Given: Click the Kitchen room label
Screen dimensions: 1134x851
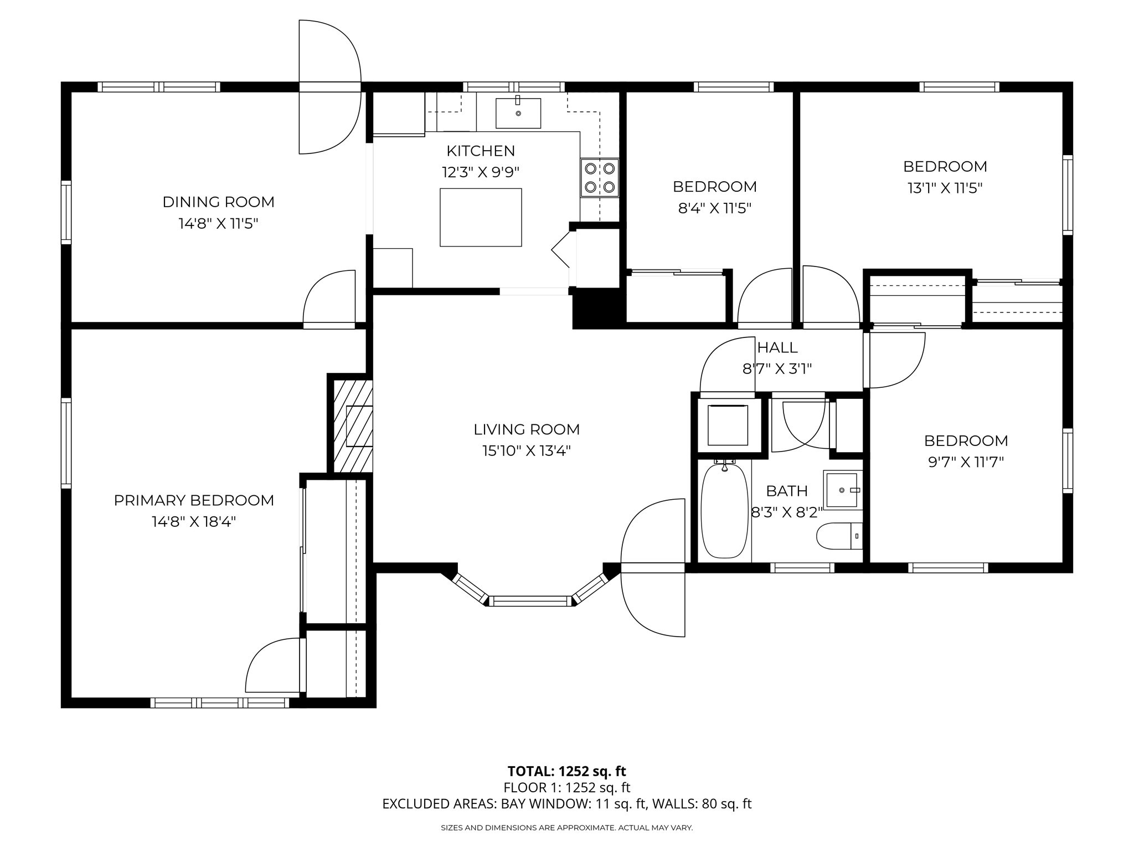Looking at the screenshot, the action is click(481, 151).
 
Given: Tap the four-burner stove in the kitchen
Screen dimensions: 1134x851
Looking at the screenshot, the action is click(600, 178).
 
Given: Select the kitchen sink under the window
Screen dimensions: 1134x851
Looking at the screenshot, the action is click(518, 112).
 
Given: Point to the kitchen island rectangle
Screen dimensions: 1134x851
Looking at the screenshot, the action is click(481, 217).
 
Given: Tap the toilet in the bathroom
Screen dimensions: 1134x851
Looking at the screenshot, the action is click(839, 536).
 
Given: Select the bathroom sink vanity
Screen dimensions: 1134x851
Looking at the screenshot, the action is click(843, 490).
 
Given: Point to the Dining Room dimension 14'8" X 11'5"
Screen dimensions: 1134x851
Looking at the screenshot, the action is click(218, 224).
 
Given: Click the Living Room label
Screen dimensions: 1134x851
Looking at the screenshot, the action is click(527, 429).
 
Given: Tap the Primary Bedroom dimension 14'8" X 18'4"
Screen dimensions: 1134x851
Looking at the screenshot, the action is click(194, 522).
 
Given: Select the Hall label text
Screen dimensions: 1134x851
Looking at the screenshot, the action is click(777, 347).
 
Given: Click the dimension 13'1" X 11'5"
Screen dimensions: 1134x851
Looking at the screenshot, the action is click(945, 188).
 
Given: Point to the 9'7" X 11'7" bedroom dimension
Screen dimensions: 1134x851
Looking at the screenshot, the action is click(966, 462).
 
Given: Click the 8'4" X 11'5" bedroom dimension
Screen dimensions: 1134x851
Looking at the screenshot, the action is click(714, 209).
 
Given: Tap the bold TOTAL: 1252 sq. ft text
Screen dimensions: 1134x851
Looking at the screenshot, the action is click(566, 771).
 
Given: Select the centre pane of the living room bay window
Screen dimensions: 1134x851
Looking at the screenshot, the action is click(530, 601).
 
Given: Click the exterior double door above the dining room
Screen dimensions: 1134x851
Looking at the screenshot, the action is click(330, 87).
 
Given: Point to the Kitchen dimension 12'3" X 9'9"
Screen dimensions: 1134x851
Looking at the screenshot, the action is click(481, 172).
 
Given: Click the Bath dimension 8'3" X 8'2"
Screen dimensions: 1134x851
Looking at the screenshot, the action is click(787, 512).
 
